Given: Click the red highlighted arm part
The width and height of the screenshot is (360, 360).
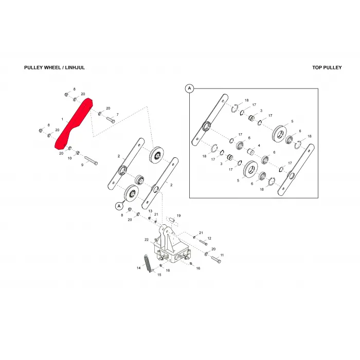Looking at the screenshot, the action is [x=74, y=124].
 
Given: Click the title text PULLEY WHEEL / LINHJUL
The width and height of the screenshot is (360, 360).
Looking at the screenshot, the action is [x=55, y=67].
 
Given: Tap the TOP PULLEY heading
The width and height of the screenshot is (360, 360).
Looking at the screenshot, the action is [x=327, y=67].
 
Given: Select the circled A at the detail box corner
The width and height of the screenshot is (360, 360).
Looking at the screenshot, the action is [x=189, y=88].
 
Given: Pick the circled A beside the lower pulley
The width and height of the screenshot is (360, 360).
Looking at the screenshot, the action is [x=119, y=206].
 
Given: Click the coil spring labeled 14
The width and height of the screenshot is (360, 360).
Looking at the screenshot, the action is [x=148, y=263].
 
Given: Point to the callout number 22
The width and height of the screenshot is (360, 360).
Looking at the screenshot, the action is [x=147, y=240].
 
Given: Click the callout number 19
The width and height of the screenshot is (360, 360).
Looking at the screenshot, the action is [x=179, y=215].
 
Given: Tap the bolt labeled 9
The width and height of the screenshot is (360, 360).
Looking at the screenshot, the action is [x=91, y=160].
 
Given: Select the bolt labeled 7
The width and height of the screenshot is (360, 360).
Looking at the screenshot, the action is [x=111, y=120].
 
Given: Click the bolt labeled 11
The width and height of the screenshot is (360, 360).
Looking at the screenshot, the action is [x=216, y=259].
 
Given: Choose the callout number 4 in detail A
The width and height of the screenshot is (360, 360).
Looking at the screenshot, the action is [x=259, y=146].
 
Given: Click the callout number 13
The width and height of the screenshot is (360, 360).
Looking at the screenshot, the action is [x=150, y=211].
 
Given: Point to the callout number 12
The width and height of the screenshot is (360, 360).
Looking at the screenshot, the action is [x=209, y=238].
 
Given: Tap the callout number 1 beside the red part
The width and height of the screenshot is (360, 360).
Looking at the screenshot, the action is [x=62, y=119].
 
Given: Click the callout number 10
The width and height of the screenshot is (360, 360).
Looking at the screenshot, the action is [x=69, y=158].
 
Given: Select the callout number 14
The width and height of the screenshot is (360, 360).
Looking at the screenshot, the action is [x=138, y=268].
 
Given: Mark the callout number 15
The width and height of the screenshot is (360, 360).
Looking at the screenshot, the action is [x=159, y=275].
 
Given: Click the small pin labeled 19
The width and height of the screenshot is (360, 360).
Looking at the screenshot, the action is [x=172, y=220].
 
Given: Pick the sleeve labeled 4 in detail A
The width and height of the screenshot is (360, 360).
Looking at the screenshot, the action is [x=250, y=152].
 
